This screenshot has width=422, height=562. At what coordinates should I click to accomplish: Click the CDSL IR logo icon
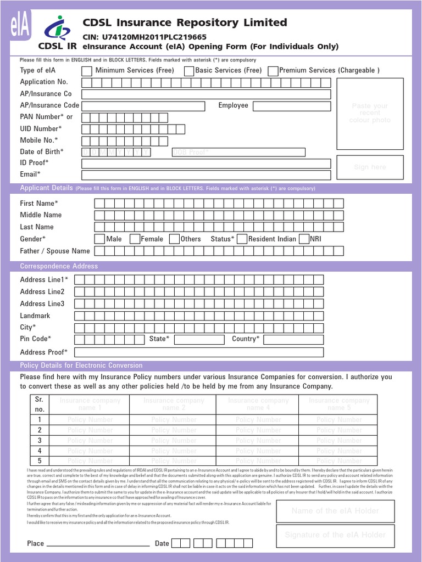(56, 28)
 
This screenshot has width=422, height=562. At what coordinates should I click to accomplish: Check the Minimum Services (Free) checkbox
(87, 71)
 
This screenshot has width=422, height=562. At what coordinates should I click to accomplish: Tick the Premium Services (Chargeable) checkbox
(273, 71)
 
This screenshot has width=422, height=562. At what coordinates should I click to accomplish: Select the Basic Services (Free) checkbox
(189, 71)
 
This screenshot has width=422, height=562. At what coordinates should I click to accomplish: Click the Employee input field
(292, 106)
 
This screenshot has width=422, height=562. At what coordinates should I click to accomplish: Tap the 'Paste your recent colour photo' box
(370, 114)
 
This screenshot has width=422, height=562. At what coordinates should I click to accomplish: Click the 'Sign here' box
(370, 167)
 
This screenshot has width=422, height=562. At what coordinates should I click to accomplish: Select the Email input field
(206, 175)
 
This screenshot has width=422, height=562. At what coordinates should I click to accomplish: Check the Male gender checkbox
(99, 239)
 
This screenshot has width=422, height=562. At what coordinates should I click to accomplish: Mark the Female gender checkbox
(134, 239)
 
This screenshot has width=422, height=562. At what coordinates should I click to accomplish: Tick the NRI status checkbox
(303, 239)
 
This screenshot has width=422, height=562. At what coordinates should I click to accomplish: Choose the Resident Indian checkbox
(241, 239)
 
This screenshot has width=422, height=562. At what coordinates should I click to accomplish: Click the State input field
(199, 339)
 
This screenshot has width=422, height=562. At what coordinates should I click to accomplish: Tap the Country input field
(293, 339)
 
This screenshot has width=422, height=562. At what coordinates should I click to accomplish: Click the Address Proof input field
(199, 352)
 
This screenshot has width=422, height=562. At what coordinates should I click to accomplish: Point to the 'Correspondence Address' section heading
(59, 266)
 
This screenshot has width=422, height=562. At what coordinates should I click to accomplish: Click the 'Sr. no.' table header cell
(40, 404)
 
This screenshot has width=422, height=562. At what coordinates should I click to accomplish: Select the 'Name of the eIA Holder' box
(335, 511)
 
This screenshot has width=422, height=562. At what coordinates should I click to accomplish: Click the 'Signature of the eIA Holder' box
(335, 535)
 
